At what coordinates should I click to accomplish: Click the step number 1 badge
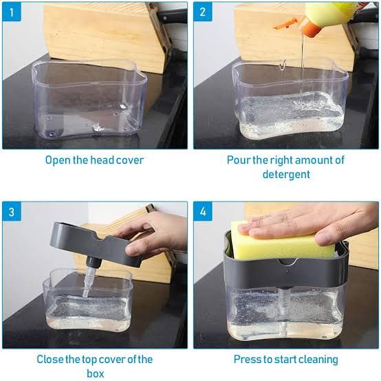tap(12, 12)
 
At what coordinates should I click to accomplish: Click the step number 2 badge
tap(203, 12)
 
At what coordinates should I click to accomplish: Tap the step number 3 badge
tap(12, 211)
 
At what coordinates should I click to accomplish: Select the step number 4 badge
tap(203, 211)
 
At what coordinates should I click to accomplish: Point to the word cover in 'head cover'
tap(130, 160)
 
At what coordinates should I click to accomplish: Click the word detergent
tap(286, 175)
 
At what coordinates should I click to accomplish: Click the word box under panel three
tap(96, 373)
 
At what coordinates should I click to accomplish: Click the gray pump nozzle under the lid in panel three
tap(93, 262)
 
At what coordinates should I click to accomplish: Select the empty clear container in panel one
tap(89, 101)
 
